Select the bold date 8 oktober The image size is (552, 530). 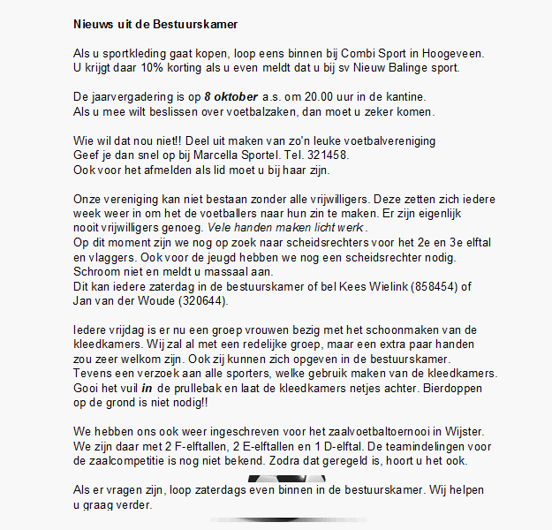click(x=233, y=95)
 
